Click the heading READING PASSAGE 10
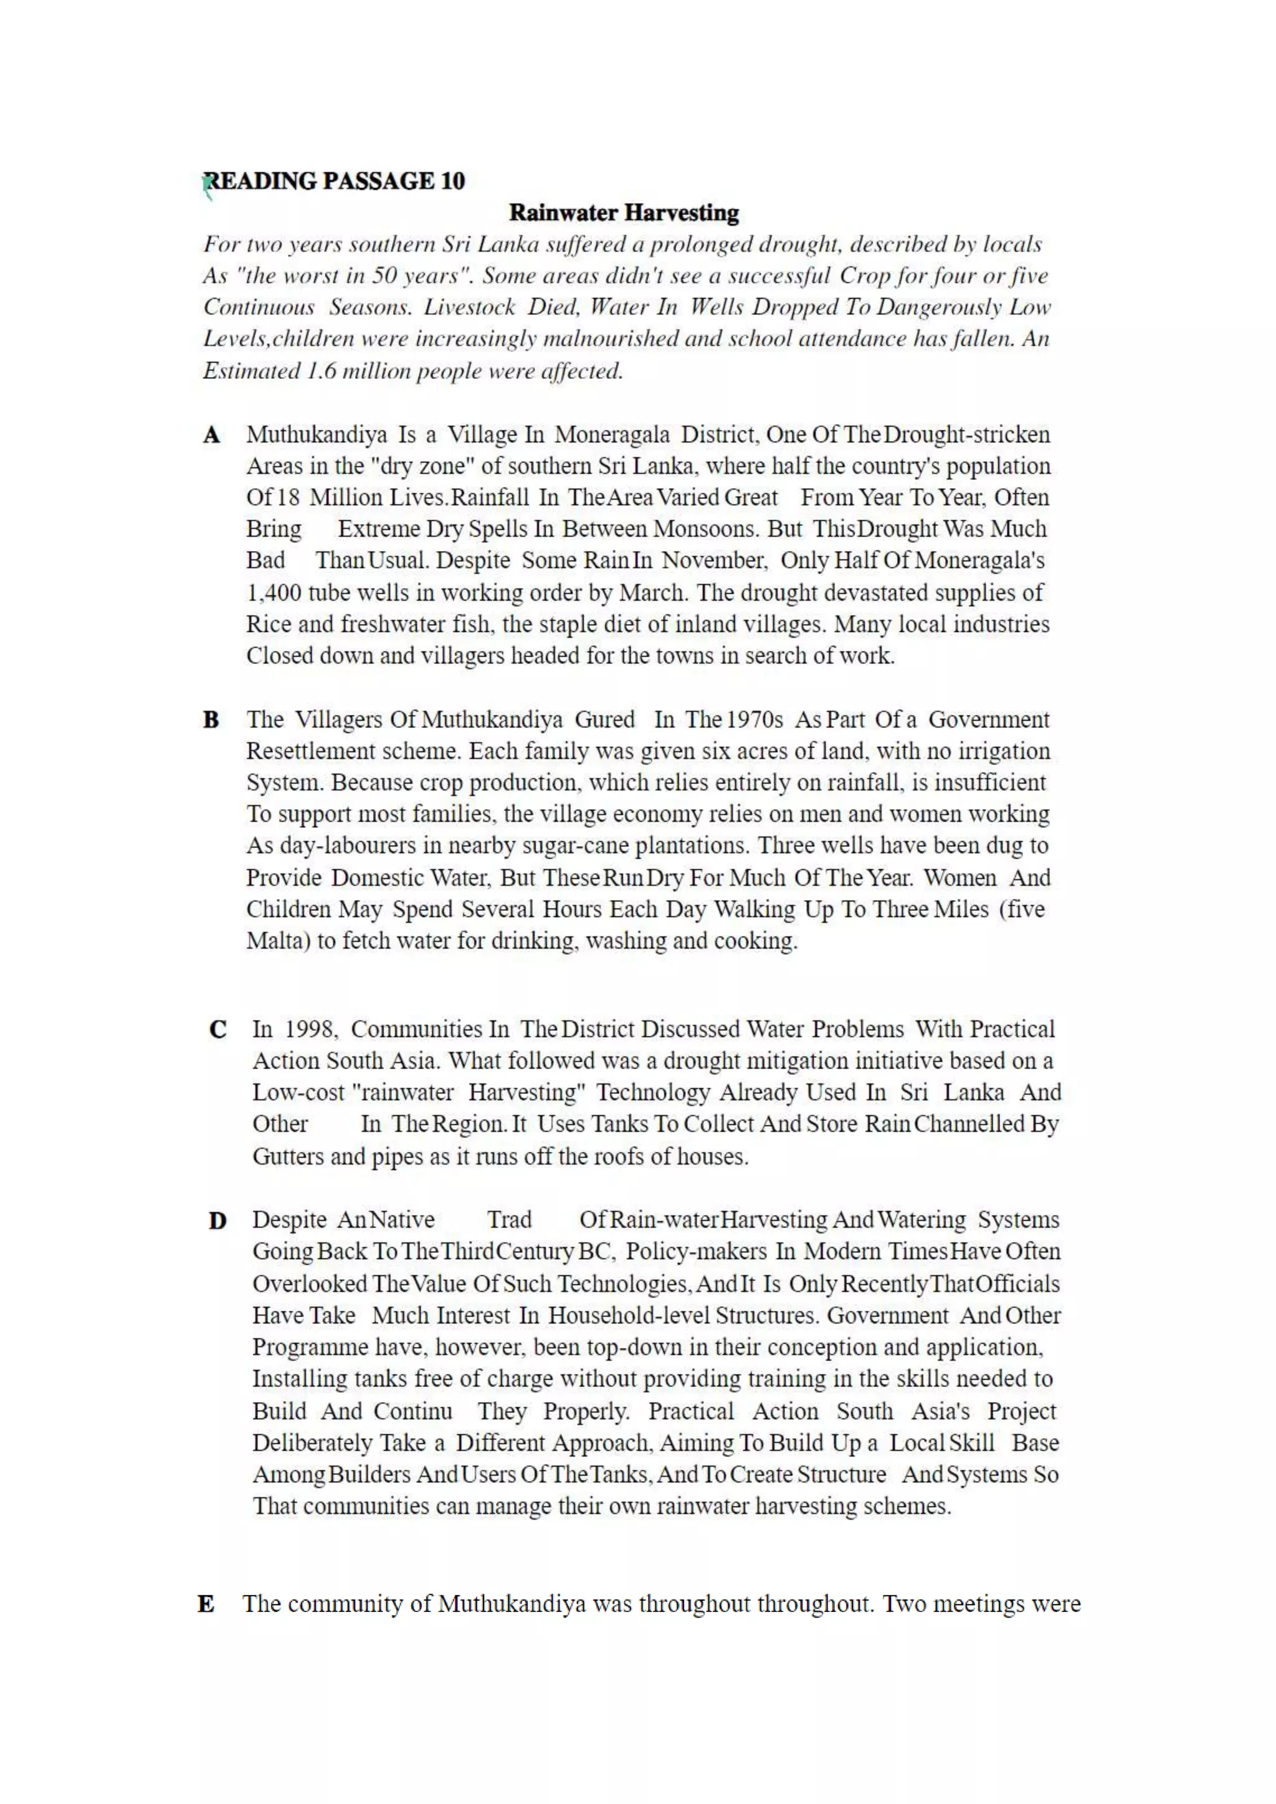[x=334, y=181]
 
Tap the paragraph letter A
[x=211, y=434]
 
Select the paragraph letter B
[x=211, y=719]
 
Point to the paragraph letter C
[x=217, y=1029]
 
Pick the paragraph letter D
[x=217, y=1221]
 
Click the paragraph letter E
[x=206, y=1603]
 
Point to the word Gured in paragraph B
[x=604, y=719]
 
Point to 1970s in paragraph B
[x=755, y=719]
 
